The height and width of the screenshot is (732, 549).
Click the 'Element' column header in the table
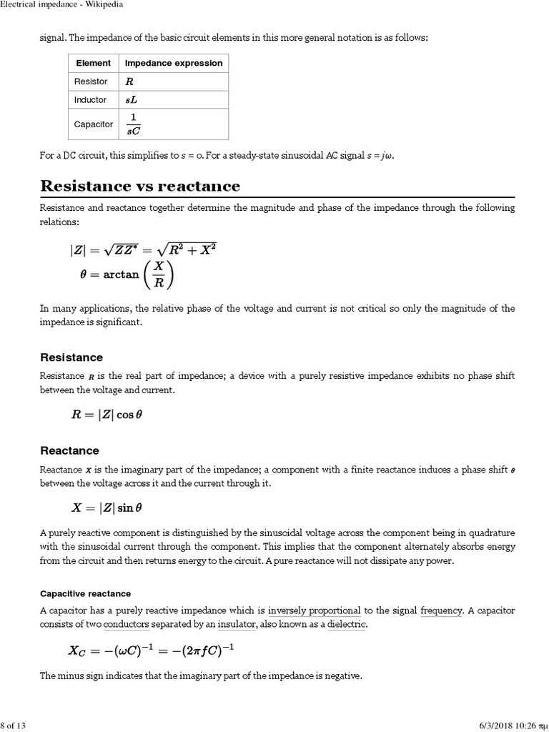pyautogui.click(x=93, y=63)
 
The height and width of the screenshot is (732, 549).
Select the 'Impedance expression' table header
pyautogui.click(x=174, y=63)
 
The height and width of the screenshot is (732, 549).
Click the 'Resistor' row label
pyautogui.click(x=91, y=81)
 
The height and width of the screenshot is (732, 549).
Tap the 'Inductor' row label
pyautogui.click(x=91, y=100)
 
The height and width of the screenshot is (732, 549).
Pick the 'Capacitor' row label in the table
pyautogui.click(x=94, y=124)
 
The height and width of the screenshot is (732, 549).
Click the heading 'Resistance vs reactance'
pyautogui.click(x=140, y=186)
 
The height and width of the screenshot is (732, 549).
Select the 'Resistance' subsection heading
pyautogui.click(x=71, y=357)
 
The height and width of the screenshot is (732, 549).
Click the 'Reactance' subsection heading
pyautogui.click(x=69, y=451)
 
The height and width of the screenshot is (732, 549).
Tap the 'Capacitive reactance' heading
pyautogui.click(x=85, y=594)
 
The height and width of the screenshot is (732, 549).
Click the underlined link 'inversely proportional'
pyautogui.click(x=314, y=610)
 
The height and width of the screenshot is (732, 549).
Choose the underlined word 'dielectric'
pyautogui.click(x=347, y=624)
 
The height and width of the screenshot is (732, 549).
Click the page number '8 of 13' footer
pyautogui.click(x=14, y=726)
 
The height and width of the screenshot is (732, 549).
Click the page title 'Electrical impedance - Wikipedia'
pyautogui.click(x=61, y=5)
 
